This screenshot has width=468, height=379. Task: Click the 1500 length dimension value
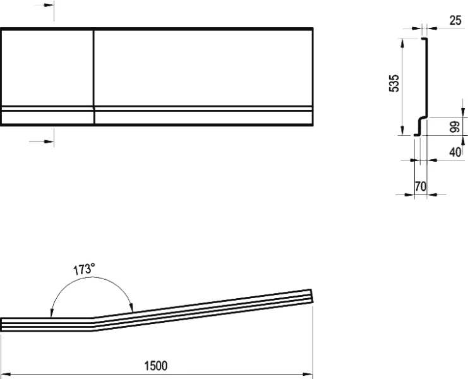point(156,366)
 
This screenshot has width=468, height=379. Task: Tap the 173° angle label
point(84,269)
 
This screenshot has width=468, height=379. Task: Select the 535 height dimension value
point(394,83)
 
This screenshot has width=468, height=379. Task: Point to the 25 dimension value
point(455,20)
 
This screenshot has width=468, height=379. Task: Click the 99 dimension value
point(454,126)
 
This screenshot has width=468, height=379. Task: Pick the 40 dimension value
point(455,152)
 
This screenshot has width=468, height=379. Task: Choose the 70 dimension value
point(420,186)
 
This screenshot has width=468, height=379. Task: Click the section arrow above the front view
point(44,5)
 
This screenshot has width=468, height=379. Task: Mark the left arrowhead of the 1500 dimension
point(6,374)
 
